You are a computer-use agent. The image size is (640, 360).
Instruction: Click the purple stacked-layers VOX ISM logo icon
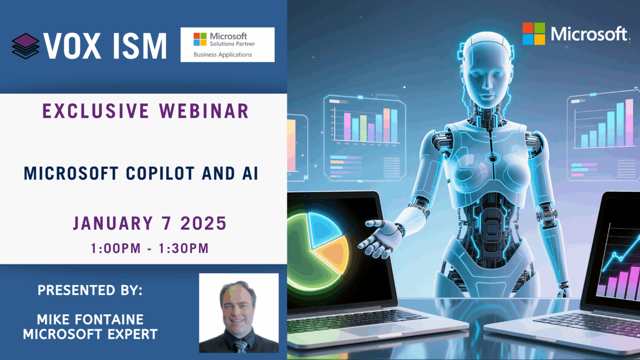point(25,46)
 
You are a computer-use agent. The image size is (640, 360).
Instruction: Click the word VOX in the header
point(72,46)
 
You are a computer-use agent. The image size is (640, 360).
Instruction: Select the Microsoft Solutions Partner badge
point(227,45)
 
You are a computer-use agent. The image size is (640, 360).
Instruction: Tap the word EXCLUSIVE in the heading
point(96,111)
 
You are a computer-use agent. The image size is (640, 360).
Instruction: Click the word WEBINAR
point(204,111)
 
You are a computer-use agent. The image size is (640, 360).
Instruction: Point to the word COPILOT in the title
point(160,173)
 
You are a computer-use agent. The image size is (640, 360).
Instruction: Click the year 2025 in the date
point(203,223)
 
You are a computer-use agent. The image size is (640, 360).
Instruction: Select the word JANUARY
point(113,223)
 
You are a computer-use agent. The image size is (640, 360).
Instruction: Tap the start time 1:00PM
point(116,248)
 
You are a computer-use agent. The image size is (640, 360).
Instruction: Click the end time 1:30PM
point(184,248)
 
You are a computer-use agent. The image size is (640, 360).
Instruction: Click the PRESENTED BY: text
point(90,290)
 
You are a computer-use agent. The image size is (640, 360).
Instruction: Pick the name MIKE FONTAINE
point(90,319)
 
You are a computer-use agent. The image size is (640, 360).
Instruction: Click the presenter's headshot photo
point(239,313)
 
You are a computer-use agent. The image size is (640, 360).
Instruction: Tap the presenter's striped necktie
point(241,346)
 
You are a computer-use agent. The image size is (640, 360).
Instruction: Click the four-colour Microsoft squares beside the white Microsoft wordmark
point(534,34)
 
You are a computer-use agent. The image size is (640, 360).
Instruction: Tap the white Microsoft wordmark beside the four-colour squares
point(589,34)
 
